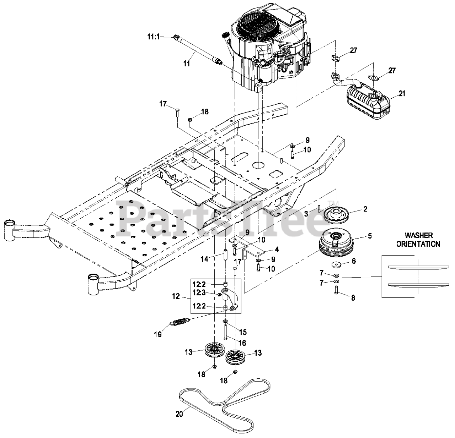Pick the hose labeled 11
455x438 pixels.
198,50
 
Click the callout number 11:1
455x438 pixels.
154,37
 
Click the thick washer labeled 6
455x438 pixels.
336,265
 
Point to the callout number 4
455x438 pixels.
277,250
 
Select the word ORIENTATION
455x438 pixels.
418,244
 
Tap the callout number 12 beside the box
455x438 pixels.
176,296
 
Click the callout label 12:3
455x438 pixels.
199,293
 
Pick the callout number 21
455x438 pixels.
402,93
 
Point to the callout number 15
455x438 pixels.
243,332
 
